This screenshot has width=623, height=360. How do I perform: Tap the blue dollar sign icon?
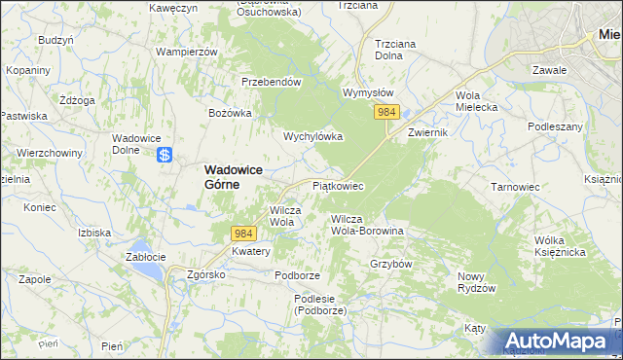click(x=165, y=154)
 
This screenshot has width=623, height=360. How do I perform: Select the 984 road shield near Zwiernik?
click(x=386, y=113)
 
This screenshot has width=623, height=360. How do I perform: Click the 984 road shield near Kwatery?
click(x=244, y=233)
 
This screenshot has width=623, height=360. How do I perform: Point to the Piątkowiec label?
click(x=337, y=185)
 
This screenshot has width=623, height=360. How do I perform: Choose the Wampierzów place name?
click(x=185, y=51)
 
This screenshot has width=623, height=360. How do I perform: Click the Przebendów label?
click(x=271, y=83)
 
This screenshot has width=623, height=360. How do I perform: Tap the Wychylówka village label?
click(x=312, y=136)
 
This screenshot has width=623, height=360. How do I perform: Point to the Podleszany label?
click(x=555, y=126)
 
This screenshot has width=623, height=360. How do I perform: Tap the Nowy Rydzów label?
click(x=477, y=282)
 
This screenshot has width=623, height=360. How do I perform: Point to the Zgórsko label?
click(x=206, y=274)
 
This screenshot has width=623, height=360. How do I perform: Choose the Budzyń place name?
click(x=55, y=40)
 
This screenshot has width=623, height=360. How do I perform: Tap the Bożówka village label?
click(x=231, y=113)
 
